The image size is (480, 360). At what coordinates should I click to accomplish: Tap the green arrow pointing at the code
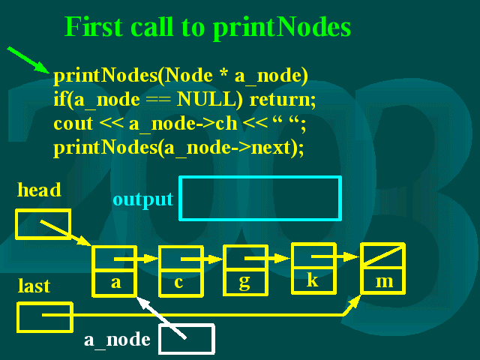[x=28, y=60]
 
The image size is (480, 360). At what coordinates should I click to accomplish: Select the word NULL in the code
[x=210, y=99]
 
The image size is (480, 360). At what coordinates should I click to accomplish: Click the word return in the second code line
[x=283, y=100]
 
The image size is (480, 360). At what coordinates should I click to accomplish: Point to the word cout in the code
[x=73, y=124]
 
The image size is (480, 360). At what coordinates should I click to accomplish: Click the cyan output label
[x=143, y=200]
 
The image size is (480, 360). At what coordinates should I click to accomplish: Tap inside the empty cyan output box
[x=260, y=198]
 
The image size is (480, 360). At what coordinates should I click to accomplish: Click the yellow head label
[x=39, y=190]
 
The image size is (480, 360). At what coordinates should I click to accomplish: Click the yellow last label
[x=34, y=286]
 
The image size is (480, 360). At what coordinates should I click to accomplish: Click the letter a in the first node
[x=115, y=282]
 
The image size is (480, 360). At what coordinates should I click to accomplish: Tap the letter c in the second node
[x=178, y=282]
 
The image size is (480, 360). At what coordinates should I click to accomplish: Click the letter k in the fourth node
[x=312, y=280]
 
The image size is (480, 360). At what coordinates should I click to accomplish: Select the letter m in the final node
[x=384, y=282]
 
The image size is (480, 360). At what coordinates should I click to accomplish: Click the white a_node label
[x=117, y=340]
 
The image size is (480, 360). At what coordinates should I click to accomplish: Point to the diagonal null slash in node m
[x=382, y=255]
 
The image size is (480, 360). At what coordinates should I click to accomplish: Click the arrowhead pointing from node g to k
[x=282, y=258]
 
